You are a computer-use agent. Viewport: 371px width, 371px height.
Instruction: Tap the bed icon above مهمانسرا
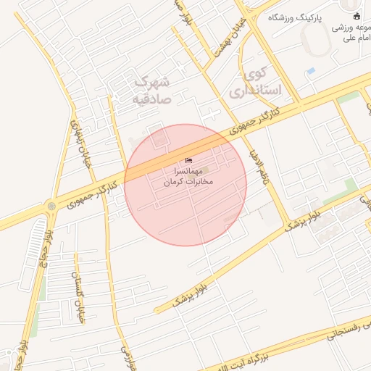click(x=190, y=160)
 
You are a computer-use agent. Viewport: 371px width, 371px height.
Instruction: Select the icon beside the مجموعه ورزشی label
click(x=356, y=17)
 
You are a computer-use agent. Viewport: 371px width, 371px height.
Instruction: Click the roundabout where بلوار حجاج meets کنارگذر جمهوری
click(x=51, y=207)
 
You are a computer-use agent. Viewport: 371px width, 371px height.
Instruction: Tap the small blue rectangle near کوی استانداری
click(x=311, y=71)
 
